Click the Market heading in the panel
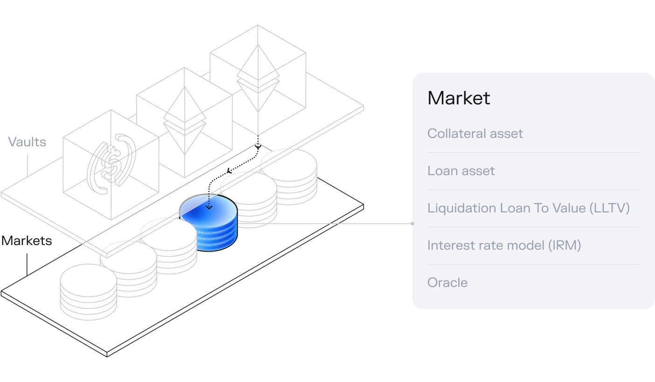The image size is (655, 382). coord(459,98)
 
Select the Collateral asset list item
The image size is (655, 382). coord(475,134)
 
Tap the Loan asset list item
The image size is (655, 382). coord(461,171)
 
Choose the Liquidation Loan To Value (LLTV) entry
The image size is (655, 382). coord(529,208)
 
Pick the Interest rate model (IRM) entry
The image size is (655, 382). coord(504,246)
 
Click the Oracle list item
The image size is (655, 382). coord(447,283)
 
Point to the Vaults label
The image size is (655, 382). coord(27,142)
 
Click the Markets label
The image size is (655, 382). coord(27,241)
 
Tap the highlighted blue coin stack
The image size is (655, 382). coord(209,224)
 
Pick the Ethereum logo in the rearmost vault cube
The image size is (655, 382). coord(258,79)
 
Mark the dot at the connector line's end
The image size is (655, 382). coord(412,224)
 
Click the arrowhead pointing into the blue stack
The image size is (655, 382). coord(209,207)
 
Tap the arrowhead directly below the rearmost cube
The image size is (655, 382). coord(258,147)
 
